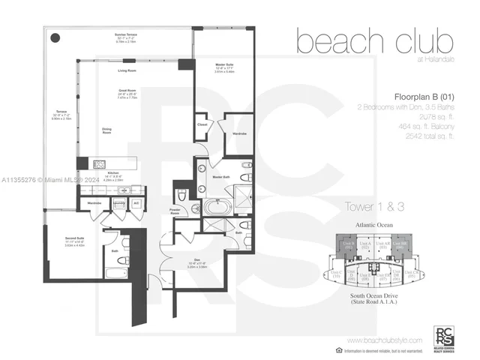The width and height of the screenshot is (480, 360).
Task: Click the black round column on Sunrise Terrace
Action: (55, 37)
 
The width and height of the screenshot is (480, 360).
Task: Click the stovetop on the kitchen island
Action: (100, 163)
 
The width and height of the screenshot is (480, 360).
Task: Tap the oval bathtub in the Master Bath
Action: (215, 206)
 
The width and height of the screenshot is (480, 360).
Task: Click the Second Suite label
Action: (75, 241)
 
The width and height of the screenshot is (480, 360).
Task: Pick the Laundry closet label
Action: (118, 203)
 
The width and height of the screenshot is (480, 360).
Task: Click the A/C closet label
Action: (136, 203)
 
